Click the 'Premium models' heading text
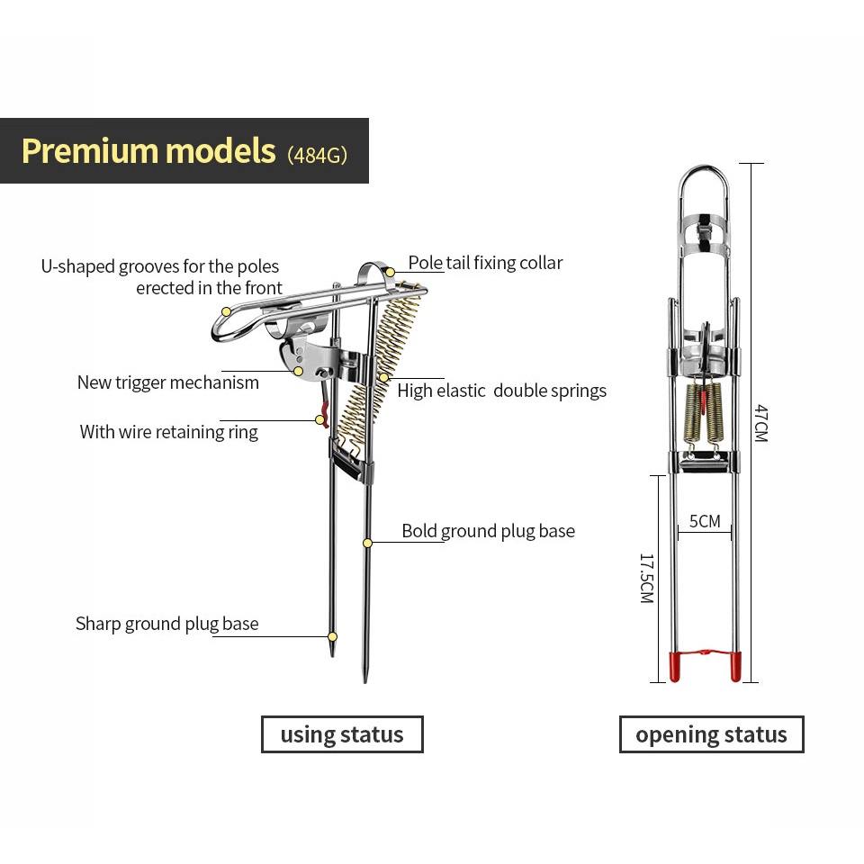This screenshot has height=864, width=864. point(148,150)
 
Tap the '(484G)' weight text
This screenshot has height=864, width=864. point(317,153)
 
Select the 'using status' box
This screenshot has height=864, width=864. point(342,734)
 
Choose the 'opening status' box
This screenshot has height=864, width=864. point(711,734)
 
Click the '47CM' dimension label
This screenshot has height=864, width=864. point(760,423)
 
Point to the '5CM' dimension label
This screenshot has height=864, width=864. point(705,521)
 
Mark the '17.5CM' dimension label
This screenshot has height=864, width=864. point(645,578)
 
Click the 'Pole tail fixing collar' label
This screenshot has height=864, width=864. point(485,263)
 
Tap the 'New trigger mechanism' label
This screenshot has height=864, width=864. point(168,382)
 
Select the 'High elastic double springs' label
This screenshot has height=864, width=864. point(501,391)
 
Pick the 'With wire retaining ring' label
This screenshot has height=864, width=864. point(169,432)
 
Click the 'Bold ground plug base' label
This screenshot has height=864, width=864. point(488,531)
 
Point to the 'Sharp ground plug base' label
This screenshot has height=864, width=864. point(167,624)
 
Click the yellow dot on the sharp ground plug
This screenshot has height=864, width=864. point(332,636)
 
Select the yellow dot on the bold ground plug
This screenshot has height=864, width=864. point(367,543)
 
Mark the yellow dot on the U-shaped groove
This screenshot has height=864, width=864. point(227,311)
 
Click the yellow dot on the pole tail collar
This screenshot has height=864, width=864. point(391,271)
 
